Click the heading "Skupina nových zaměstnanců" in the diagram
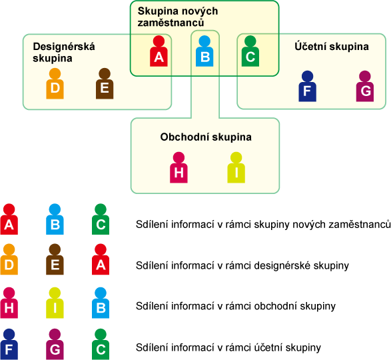pyautogui.click(x=178, y=17)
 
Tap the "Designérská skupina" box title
pyautogui.click(x=64, y=52)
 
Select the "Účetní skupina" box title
pyautogui.click(x=332, y=47)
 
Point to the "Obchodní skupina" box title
pyautogui.click(x=206, y=137)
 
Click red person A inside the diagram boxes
pyautogui.click(x=159, y=51)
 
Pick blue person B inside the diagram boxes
pyautogui.click(x=204, y=51)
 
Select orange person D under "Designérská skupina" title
pyautogui.click(x=55, y=83)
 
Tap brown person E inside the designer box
pyautogui.click(x=105, y=83)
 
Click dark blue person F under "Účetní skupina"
pyautogui.click(x=308, y=86)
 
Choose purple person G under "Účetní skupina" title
pyautogui.click(x=365, y=86)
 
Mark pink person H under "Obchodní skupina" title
pyautogui.click(x=179, y=167)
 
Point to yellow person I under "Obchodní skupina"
pyautogui.click(x=236, y=167)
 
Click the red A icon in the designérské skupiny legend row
pyautogui.click(x=101, y=259)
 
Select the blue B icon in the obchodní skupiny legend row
pyautogui.click(x=101, y=303)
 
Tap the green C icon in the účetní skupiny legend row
pyautogui.click(x=101, y=344)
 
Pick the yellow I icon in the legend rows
pyautogui.click(x=55, y=303)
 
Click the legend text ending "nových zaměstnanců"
pyautogui.click(x=263, y=225)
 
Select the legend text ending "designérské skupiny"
pyautogui.click(x=242, y=265)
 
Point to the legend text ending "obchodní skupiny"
pyautogui.click(x=236, y=306)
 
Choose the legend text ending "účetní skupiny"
pyautogui.click(x=228, y=347)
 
